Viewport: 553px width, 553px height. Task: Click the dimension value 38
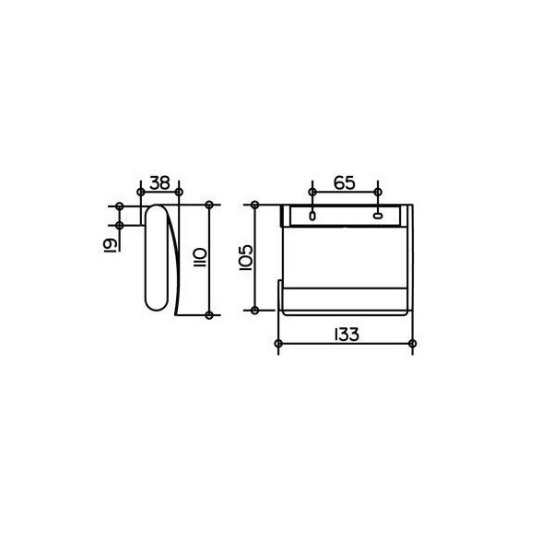[x=159, y=183]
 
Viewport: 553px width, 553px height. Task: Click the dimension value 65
[x=345, y=183]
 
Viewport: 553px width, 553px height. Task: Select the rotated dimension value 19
[x=110, y=244]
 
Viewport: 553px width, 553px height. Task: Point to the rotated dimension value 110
[x=200, y=257]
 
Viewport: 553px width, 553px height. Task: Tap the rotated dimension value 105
[x=246, y=257]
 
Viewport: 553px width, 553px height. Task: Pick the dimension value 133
[x=347, y=335]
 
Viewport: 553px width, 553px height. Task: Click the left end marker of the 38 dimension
[x=141, y=192]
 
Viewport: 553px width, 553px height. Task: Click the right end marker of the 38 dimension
[x=179, y=192]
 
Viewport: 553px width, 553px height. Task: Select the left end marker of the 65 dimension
[x=312, y=192]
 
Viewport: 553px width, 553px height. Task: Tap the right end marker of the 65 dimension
[x=378, y=192]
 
